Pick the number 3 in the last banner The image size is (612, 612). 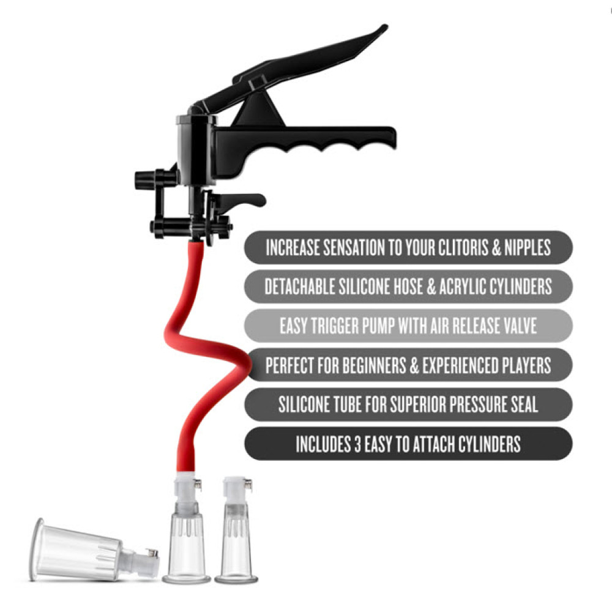click(357, 444)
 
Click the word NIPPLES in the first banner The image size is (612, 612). click(528, 247)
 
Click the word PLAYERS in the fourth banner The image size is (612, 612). click(526, 365)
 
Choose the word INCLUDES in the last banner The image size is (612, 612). click(323, 444)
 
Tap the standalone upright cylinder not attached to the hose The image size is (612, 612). click(236, 531)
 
